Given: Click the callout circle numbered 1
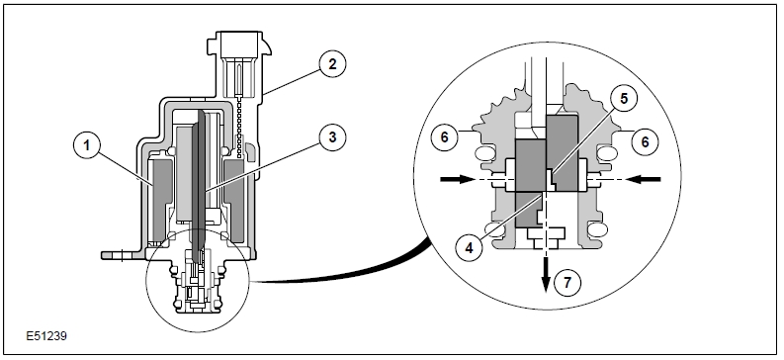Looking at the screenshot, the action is point(87,145).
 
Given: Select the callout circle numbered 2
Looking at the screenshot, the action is point(333,64).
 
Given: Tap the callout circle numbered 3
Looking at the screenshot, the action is point(333,136).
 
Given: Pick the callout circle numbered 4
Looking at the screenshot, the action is point(469,247).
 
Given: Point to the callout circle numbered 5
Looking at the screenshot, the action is point(624,99).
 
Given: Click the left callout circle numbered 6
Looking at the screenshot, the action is point(445,137).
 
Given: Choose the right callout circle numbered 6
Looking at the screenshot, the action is point(645,142).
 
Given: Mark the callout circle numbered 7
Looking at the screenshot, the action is point(567,283).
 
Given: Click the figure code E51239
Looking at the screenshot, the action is point(46,336).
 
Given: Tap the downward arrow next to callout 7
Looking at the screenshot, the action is point(546,274).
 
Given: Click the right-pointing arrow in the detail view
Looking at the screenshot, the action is point(457,179).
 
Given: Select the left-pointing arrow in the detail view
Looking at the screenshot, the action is point(643,179).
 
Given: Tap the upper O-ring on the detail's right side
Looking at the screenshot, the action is point(607,152).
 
